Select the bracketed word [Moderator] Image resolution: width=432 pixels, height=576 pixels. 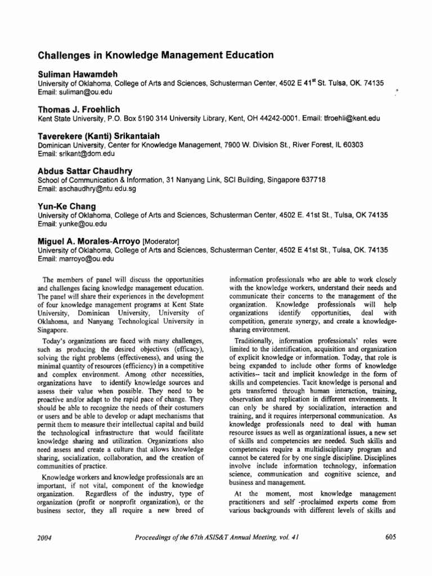[160, 241]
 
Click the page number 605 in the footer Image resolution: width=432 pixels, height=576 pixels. [391, 537]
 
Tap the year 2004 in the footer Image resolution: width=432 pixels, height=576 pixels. [44, 537]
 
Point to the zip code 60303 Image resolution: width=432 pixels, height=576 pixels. [352, 145]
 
